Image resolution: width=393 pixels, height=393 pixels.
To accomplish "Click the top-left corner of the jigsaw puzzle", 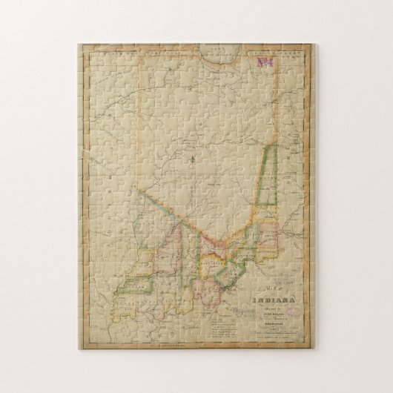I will click(x=78, y=44).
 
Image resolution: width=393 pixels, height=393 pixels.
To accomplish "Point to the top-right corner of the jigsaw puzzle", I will click(x=317, y=44).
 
